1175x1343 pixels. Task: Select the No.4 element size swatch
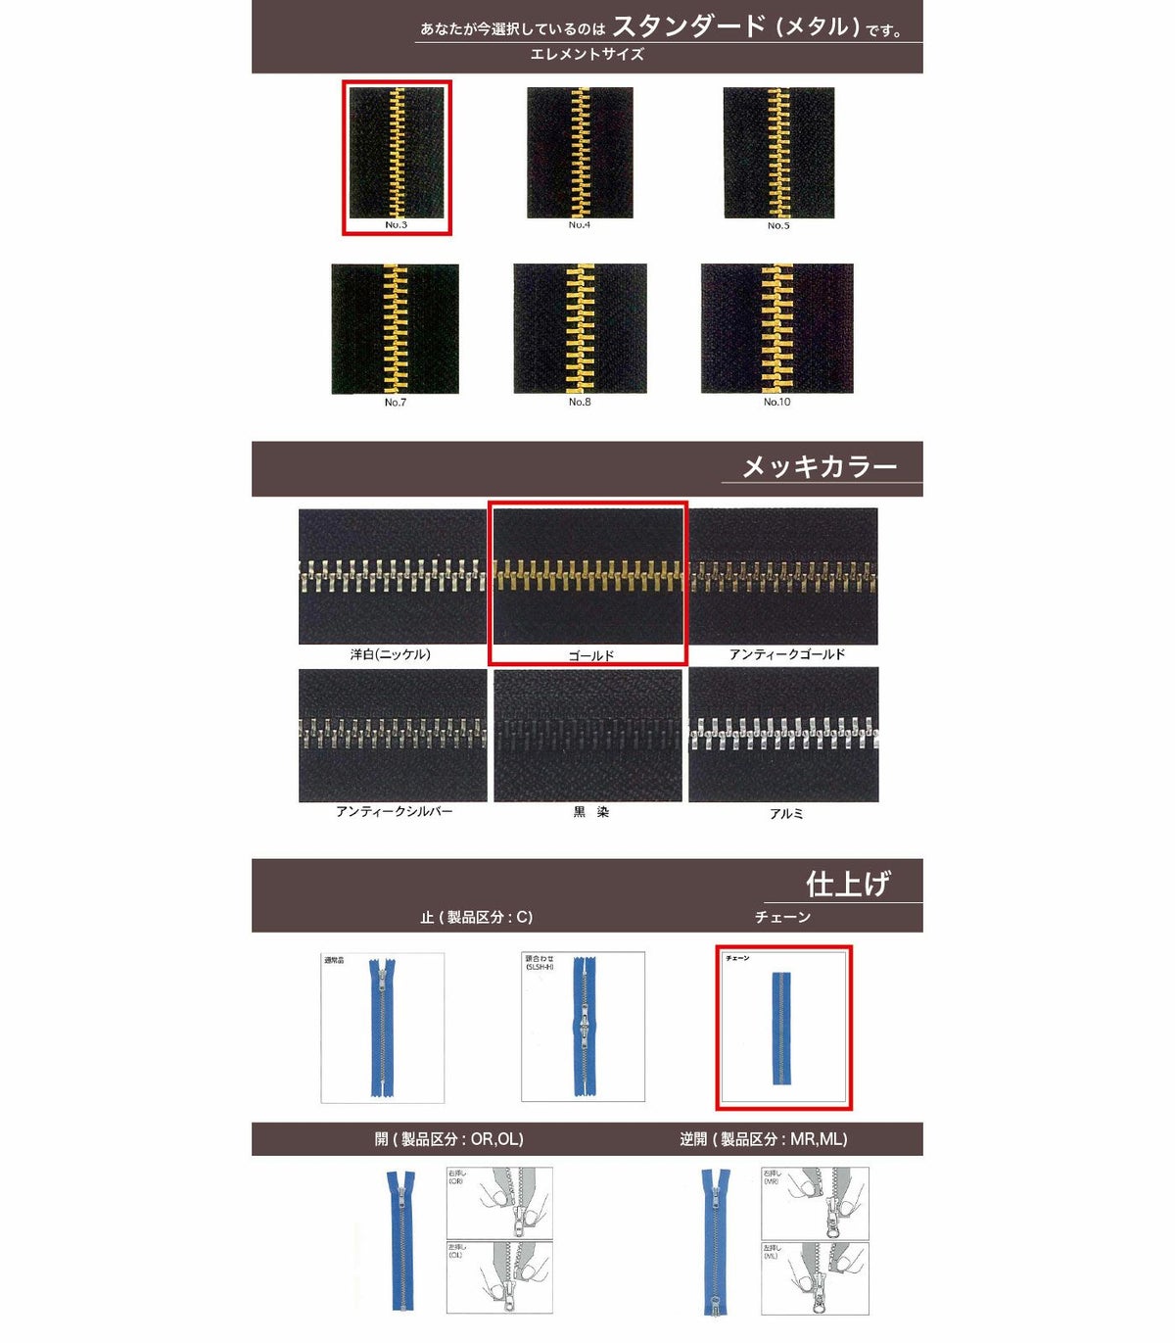coord(580,153)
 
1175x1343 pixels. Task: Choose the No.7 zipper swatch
coord(395,329)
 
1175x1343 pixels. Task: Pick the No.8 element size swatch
coord(580,328)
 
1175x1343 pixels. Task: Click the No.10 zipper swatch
coord(776,328)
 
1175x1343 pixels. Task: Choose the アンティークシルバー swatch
coord(392,735)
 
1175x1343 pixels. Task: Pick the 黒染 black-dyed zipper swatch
coord(587,735)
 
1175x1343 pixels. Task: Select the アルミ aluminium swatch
coord(783,735)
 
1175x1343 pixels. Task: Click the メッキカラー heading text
coord(820,466)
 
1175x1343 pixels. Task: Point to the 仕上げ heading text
coord(847,884)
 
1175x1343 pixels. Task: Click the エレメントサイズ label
coord(587,55)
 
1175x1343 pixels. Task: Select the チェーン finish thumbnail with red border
coord(783,1028)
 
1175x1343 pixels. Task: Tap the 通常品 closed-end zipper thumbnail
coord(382,1028)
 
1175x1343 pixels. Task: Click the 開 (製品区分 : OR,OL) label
coord(449,1139)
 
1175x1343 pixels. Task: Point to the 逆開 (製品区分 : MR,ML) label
coord(764,1139)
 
